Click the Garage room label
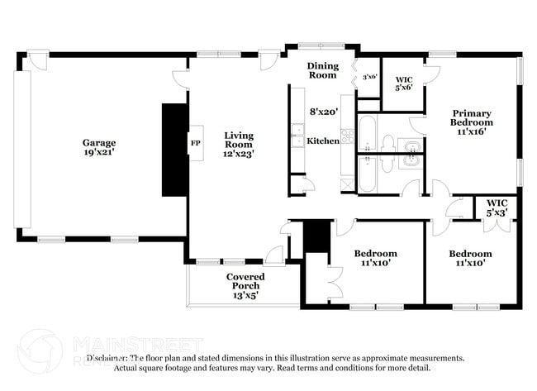(x=97, y=142)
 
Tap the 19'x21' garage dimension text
(x=97, y=153)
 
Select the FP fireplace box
(x=196, y=142)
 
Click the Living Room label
(x=240, y=140)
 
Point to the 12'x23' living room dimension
(x=240, y=153)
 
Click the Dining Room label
(x=322, y=70)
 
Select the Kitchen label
(x=323, y=141)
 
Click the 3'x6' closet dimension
(x=368, y=77)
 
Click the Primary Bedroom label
(x=471, y=117)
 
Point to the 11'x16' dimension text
(x=471, y=131)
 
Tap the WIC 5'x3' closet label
(x=497, y=207)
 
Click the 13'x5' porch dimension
(x=245, y=295)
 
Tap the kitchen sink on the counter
(x=297, y=135)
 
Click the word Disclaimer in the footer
(x=108, y=358)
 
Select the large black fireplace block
(x=174, y=150)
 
